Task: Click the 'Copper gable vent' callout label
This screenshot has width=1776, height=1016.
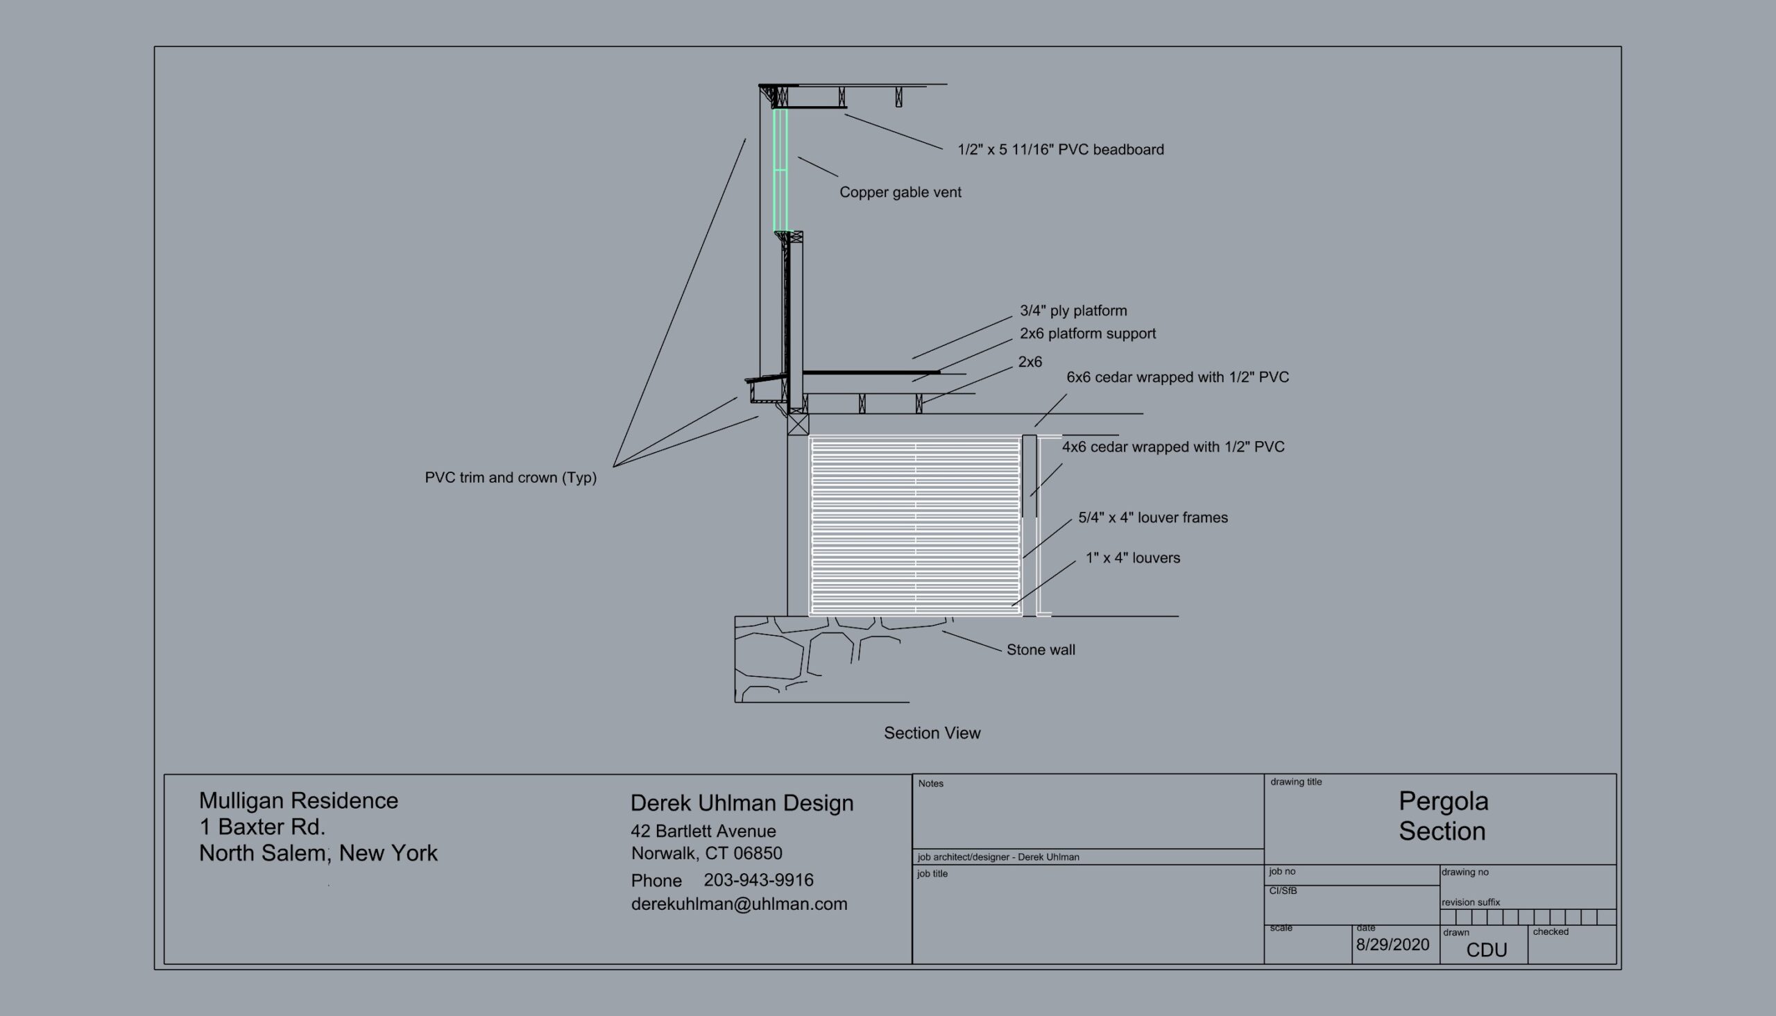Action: [900, 193]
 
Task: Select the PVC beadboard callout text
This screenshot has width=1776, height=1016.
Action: [1060, 150]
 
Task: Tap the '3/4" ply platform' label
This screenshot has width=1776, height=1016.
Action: [1073, 311]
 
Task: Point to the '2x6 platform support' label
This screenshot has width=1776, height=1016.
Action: [1087, 334]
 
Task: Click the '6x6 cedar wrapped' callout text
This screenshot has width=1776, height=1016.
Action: [1177, 377]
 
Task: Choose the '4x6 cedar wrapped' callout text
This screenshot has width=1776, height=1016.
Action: [1172, 447]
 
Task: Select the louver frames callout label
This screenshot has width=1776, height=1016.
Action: [1153, 518]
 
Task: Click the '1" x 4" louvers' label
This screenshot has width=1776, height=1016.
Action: [1133, 558]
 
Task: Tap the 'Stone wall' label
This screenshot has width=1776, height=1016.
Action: [1041, 651]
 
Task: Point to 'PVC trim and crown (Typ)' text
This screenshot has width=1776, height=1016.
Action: [510, 478]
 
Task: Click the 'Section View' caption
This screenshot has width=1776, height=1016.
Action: [932, 733]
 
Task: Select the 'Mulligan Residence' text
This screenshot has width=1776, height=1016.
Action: [299, 801]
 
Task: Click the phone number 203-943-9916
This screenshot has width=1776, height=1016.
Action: [758, 881]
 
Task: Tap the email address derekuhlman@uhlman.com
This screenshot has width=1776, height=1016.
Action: [739, 904]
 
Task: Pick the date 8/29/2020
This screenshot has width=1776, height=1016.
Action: [1392, 945]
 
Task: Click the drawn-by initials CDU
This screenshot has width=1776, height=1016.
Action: [1487, 950]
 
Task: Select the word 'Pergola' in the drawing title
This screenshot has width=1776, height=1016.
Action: [1443, 802]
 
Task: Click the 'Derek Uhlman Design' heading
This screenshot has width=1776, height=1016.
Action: [742, 803]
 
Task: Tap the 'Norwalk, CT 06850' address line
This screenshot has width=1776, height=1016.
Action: [706, 854]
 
